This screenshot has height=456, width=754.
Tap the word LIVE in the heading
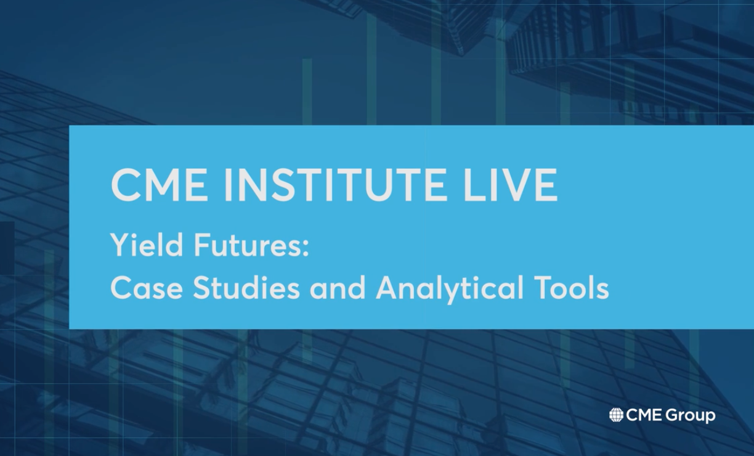click(511, 185)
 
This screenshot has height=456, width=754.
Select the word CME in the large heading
click(159, 185)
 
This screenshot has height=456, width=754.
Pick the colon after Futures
click(306, 248)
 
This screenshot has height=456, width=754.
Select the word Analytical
click(449, 289)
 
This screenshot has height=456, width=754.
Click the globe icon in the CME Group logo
click(617, 415)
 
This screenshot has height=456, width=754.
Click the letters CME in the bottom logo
click(644, 415)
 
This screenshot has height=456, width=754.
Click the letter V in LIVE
click(514, 185)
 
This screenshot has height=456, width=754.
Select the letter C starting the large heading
click(125, 185)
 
